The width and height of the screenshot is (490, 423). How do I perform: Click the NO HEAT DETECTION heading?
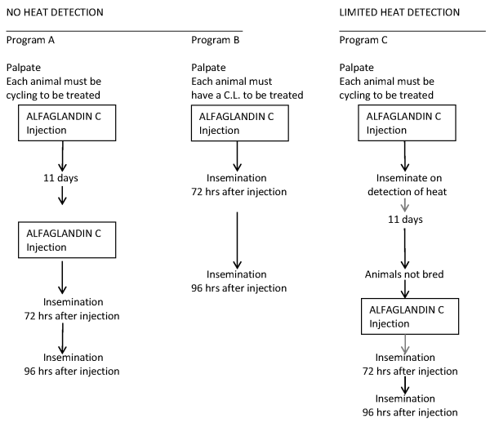(x=55, y=12)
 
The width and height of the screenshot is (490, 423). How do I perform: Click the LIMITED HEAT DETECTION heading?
(x=399, y=12)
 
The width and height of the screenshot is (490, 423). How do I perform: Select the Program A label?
(x=30, y=40)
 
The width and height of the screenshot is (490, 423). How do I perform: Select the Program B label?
(x=216, y=40)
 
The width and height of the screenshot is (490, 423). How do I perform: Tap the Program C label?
(x=363, y=40)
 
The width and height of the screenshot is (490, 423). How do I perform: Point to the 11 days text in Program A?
(x=60, y=178)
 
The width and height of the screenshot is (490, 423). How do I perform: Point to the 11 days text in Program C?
(x=405, y=220)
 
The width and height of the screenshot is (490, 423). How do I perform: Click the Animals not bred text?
(x=404, y=274)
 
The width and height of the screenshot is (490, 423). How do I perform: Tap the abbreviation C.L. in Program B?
(x=232, y=95)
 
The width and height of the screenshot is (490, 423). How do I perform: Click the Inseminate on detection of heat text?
(x=408, y=185)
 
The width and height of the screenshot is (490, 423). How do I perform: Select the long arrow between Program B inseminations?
(x=237, y=240)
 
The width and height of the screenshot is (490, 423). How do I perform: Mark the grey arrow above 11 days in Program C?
(x=405, y=205)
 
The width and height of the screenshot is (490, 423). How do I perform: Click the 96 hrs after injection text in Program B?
(x=239, y=288)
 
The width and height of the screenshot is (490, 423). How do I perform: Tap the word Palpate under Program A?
(x=24, y=68)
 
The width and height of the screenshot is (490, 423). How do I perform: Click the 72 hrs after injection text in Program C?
(x=410, y=371)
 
